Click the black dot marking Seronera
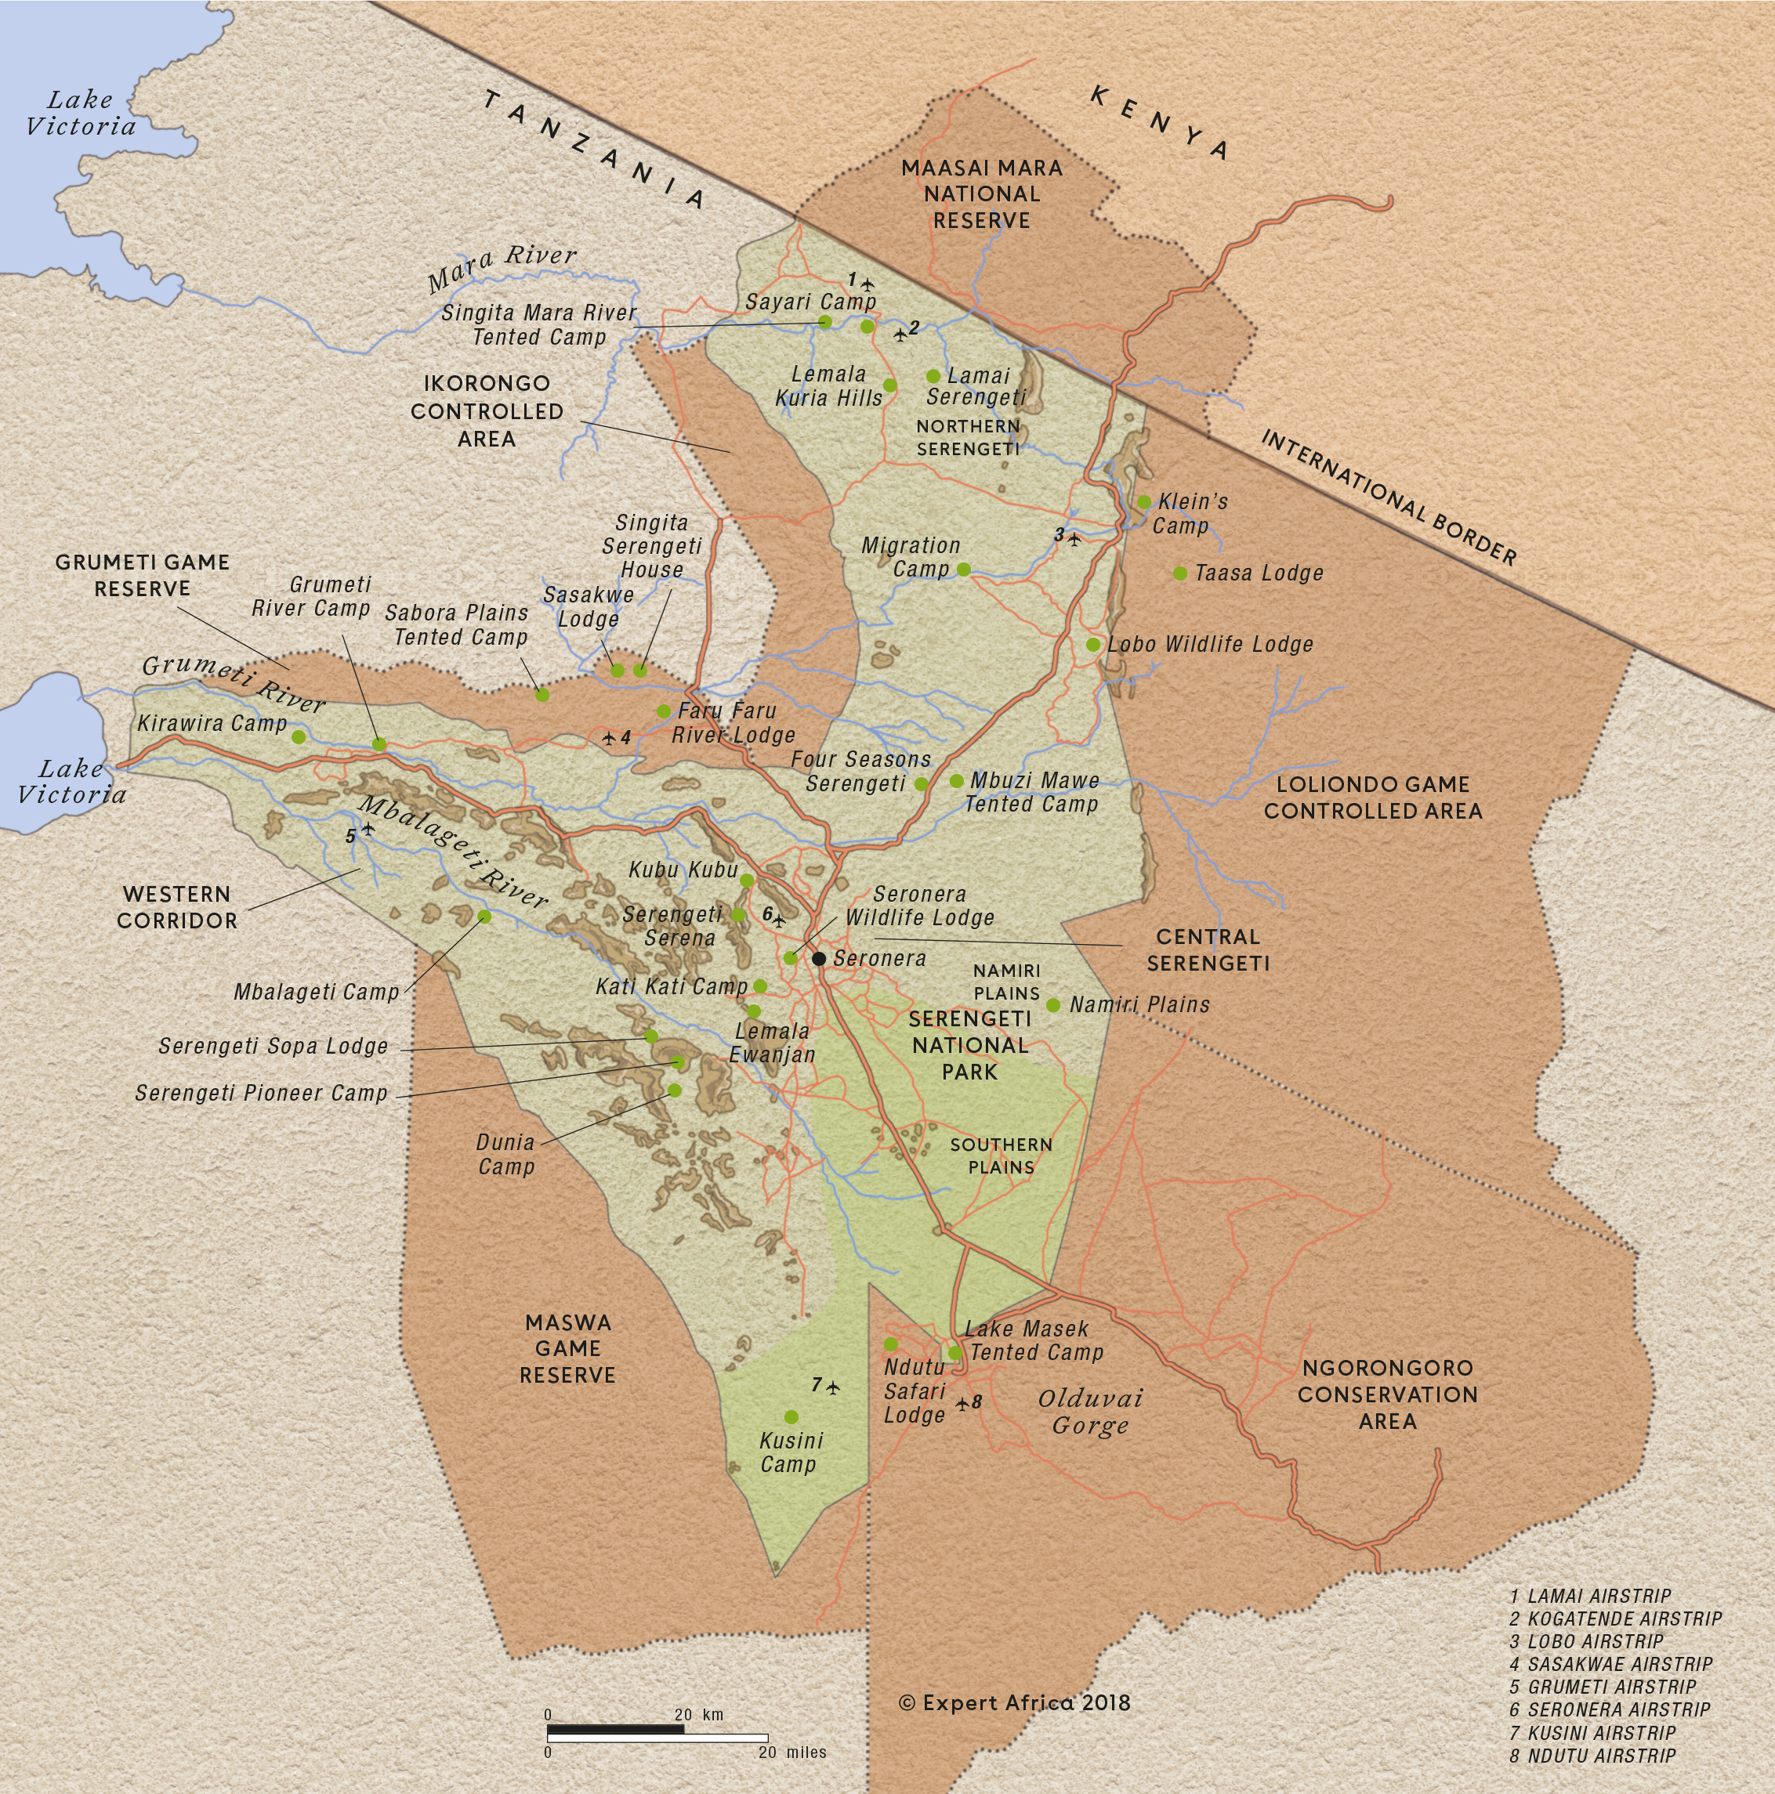(819, 958)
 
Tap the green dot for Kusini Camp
(791, 1417)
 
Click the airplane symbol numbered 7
(833, 1387)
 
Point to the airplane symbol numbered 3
(1074, 538)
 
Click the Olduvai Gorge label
(1090, 1412)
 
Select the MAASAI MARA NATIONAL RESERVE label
(982, 194)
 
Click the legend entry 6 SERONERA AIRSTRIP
(1610, 1709)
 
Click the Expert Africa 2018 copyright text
(1014, 1702)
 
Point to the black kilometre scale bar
(615, 1729)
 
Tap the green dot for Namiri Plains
(1053, 1004)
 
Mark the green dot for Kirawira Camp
(298, 737)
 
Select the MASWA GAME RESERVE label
(567, 1348)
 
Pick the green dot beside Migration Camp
(963, 570)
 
